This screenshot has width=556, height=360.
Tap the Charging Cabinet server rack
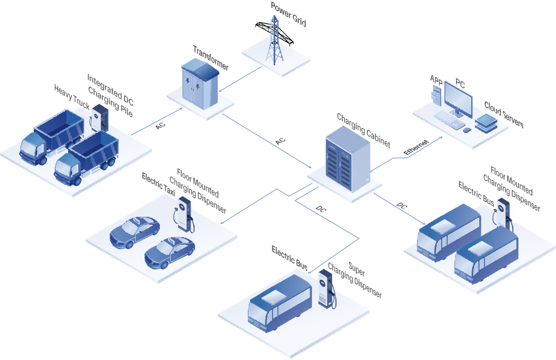click(x=347, y=159)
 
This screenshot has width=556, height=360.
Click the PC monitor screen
click(x=458, y=99)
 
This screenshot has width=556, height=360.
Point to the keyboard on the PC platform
click(x=449, y=120)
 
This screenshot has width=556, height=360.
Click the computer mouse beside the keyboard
click(x=467, y=130)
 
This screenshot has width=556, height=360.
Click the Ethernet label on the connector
click(x=416, y=148)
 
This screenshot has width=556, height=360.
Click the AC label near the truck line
click(x=161, y=125)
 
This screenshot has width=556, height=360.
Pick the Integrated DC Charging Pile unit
click(x=99, y=117)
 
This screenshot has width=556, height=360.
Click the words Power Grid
click(x=288, y=15)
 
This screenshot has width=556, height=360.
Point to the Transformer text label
click(x=211, y=58)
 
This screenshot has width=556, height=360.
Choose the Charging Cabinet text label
click(x=363, y=130)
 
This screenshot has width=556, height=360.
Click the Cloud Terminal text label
click(x=504, y=115)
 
